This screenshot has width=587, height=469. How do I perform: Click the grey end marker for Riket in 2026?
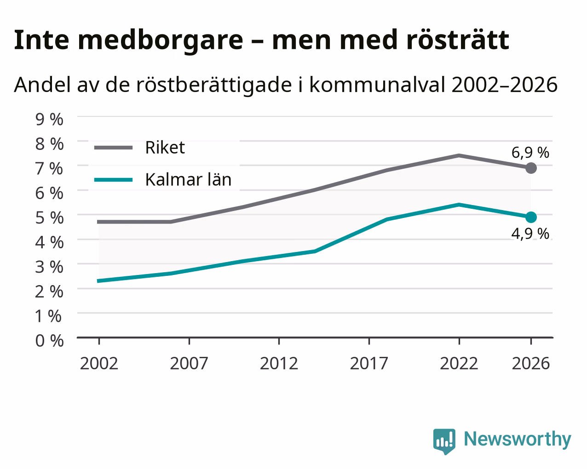pyautogui.click(x=531, y=168)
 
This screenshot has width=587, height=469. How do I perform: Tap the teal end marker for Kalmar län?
pyautogui.click(x=531, y=217)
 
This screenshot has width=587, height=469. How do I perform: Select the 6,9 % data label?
pyautogui.click(x=530, y=153)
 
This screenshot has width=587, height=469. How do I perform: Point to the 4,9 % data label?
pyautogui.click(x=530, y=234)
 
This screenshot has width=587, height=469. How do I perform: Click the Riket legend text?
pyautogui.click(x=165, y=148)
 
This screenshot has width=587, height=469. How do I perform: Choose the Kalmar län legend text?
pyautogui.click(x=188, y=179)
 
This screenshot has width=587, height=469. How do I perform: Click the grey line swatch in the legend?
pyautogui.click(x=113, y=148)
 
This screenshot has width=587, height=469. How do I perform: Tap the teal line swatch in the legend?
pyautogui.click(x=113, y=180)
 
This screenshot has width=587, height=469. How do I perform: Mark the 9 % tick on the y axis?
pyautogui.click(x=49, y=120)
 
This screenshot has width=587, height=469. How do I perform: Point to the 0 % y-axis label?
pyautogui.click(x=49, y=341)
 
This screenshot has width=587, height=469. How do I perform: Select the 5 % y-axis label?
pyautogui.click(x=49, y=217)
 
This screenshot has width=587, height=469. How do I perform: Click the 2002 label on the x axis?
pyautogui.click(x=99, y=363)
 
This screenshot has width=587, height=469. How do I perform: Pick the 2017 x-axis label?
pyautogui.click(x=369, y=363)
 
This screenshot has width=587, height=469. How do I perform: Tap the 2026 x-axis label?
pyautogui.click(x=531, y=363)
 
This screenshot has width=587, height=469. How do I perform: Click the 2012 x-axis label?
pyautogui.click(x=279, y=363)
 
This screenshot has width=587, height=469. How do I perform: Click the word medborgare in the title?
pyautogui.click(x=161, y=41)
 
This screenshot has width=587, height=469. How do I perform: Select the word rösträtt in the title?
pyautogui.click(x=457, y=40)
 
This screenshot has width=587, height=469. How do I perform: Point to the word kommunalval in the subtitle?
pyautogui.click(x=378, y=85)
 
